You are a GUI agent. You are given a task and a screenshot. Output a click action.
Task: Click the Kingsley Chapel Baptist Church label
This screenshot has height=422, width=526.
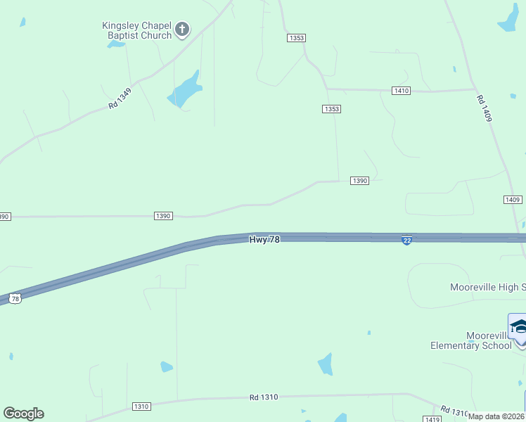coord(136,30)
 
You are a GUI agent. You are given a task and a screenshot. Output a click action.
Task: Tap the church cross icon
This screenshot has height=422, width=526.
coord(182,30)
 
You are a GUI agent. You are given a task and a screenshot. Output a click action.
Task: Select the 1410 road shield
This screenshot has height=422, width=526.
coord(401,91)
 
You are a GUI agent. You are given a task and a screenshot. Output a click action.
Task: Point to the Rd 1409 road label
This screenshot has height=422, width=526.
coord(484,108)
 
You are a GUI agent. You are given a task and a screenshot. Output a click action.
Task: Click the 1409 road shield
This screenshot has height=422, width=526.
coord(513,200)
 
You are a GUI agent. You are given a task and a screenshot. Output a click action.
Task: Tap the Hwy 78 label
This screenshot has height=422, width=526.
coord(264,240)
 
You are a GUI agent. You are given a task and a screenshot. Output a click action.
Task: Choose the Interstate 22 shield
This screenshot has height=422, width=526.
coord(406,241)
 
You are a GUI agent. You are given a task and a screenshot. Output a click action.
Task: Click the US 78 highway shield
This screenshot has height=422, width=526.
coord(15,299)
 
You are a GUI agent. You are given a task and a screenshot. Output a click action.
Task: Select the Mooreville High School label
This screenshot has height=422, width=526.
coord(487,287)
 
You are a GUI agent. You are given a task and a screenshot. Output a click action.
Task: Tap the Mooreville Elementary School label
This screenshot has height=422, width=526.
coord(471,340)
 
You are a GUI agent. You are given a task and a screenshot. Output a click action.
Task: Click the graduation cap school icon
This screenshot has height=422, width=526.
coord(518,326)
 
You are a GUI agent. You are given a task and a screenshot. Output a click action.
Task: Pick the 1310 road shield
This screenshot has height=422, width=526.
coord(141,407)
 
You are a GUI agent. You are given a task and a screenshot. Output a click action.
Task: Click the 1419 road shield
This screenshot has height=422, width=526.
coord(433,419)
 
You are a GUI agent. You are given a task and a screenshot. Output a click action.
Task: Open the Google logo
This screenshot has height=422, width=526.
coord(23,413)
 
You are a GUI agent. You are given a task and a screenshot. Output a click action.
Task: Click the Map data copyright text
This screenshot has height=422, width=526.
coord(496,416)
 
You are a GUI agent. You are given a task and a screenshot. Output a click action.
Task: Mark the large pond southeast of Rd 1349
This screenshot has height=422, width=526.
coord(185,89)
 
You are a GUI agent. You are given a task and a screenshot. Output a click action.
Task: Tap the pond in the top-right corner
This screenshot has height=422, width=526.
coord(508,18)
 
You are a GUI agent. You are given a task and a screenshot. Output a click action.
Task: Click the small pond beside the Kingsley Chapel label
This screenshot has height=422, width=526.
coord(115,44)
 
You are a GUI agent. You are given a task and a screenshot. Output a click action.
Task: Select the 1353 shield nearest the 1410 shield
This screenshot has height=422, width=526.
coord(332,108)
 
